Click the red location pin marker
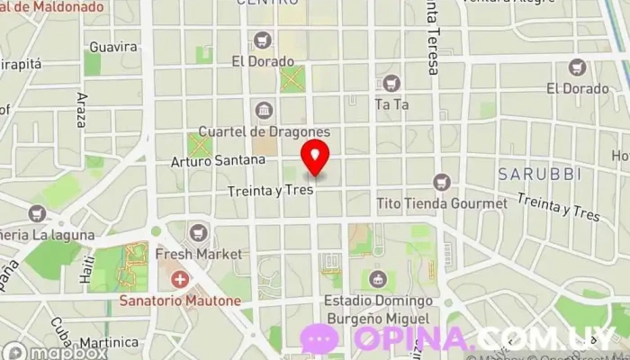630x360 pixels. coord(315,157)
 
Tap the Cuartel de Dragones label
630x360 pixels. coord(264,131)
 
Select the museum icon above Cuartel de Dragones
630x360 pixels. coord(264,111)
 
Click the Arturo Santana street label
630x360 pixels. coord(219,160)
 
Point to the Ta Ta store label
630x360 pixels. coord(391,104)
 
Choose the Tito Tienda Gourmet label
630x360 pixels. coord(441,203)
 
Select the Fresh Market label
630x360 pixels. coord(198,255)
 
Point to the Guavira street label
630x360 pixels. coord(113,47)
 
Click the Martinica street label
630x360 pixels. coord(107,344)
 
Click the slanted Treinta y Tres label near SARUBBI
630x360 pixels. coord(559,207)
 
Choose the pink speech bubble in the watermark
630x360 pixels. coord(319,339)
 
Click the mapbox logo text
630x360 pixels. coord(67,353)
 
